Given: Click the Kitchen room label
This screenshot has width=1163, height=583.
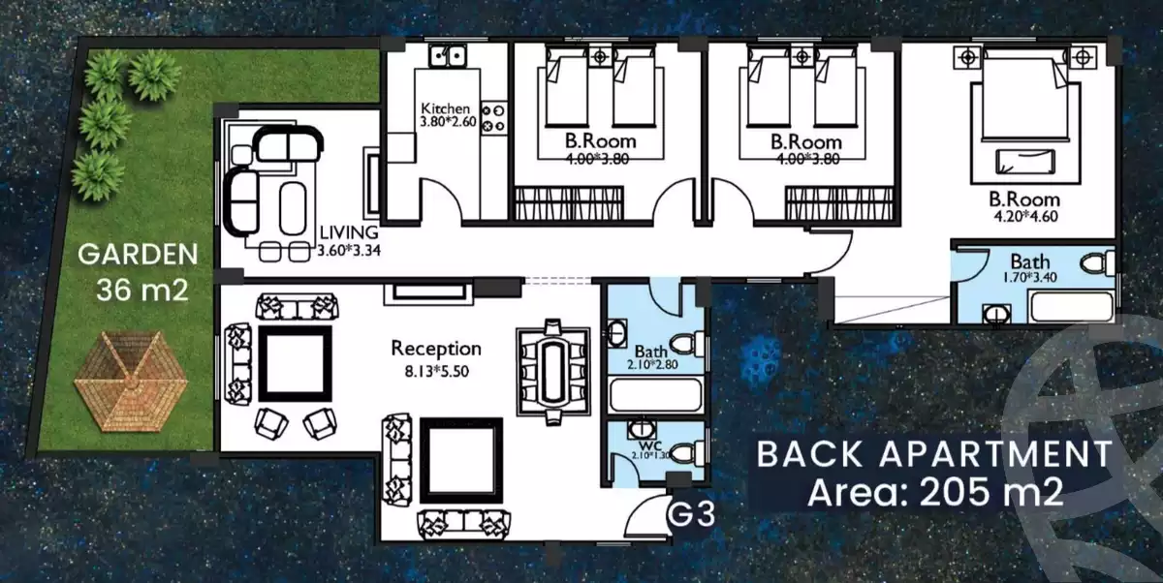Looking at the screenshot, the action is point(445,108).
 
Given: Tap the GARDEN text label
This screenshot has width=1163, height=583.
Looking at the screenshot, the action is point(138,255).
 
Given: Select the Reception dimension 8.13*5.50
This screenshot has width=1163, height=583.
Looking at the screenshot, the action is point(437,371).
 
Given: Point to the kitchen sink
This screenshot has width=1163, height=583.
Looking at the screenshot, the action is point(448,55).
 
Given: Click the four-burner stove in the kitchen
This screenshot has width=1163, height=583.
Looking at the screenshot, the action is point(493,118).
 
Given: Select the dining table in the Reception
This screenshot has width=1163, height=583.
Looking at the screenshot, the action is point(553,372).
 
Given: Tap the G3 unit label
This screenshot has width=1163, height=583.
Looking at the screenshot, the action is point(691,514).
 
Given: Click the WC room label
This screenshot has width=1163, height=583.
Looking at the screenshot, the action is point(646,445).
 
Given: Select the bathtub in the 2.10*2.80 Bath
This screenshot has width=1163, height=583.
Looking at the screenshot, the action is point(655,395).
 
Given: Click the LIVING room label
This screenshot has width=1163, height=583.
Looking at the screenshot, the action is point(349,232).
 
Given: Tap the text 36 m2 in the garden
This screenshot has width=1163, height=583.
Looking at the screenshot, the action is point(142,290).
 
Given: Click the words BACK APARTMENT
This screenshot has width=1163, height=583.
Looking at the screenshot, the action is point(934,454).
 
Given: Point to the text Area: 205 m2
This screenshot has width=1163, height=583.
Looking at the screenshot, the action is point(935,492).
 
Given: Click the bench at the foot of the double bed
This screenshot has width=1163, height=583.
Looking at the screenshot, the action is point(1025,162).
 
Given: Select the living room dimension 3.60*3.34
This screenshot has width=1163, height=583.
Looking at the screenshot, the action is point(349,251).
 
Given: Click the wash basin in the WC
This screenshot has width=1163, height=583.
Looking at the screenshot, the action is point(642,429).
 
